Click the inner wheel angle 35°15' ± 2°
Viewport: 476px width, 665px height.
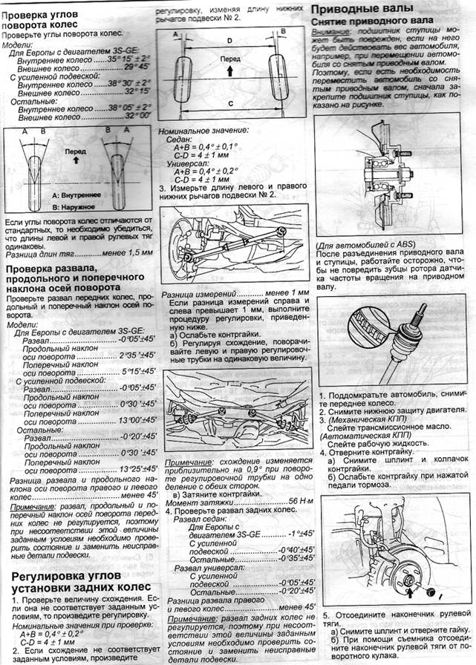(128, 57)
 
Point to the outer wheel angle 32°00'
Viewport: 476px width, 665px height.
(138, 117)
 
